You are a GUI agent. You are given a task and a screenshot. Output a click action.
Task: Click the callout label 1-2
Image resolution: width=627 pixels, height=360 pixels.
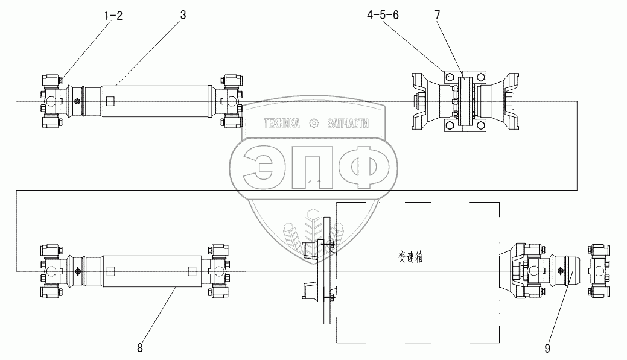click(x=113, y=16)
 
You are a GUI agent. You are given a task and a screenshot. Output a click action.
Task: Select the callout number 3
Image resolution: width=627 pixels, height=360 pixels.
click(x=183, y=15)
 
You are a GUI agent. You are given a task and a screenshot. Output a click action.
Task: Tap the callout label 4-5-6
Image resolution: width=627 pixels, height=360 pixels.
click(x=383, y=15)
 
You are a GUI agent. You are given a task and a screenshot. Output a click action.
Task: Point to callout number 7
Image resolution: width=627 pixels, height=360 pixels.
click(x=437, y=15)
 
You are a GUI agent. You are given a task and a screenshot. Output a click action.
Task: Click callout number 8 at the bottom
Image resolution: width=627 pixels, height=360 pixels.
click(x=139, y=348)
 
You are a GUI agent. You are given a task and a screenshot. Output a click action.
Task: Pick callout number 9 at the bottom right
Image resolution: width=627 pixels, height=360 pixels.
click(x=547, y=349)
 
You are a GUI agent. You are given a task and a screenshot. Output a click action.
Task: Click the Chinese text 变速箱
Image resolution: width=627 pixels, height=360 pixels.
click(x=411, y=257)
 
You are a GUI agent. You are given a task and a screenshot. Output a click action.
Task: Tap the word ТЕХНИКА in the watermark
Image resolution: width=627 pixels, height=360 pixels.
click(x=281, y=124)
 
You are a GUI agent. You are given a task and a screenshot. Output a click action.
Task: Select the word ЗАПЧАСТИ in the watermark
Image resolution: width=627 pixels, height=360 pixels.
click(x=348, y=124)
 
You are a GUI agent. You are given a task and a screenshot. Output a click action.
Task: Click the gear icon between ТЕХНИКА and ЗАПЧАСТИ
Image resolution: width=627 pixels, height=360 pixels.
click(x=314, y=124)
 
